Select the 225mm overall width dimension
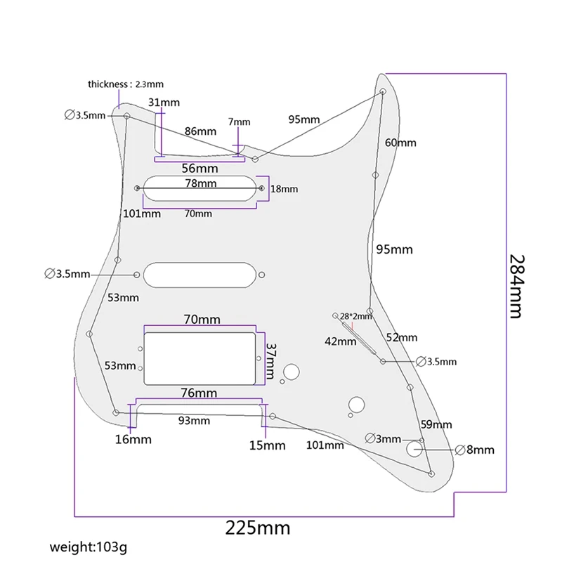tap(257, 528)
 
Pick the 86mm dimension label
tap(200, 131)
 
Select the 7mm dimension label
tap(239, 122)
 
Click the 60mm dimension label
tap(400, 143)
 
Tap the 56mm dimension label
tap(200, 169)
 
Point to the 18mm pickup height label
tap(285, 189)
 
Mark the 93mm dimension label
tap(195, 421)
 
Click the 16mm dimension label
tap(133, 440)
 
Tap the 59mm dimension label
tap(436, 425)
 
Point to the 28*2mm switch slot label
tap(356, 316)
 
